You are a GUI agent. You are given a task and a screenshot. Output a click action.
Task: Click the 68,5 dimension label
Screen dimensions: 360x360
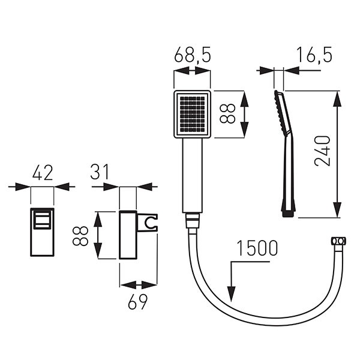pos(192,55)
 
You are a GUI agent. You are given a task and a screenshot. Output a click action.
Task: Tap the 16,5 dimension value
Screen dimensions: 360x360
pos(314,55)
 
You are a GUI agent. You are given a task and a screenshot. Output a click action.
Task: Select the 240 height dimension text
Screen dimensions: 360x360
pos(322,151)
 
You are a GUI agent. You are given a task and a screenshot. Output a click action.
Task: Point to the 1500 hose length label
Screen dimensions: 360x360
pos(257,248)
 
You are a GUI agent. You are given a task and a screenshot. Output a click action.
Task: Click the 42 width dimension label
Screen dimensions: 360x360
pos(43,172)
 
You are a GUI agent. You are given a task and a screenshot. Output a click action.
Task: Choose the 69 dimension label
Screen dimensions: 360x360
pos(137,302)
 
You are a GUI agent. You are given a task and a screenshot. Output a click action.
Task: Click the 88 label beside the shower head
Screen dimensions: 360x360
pos(227,113)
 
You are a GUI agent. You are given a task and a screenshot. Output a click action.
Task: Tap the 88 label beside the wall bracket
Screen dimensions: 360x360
pos(80,236)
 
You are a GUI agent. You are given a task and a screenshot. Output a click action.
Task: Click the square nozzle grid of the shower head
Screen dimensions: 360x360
pos(193,115)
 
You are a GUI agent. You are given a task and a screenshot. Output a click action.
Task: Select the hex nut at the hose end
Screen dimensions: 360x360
pos(338,241)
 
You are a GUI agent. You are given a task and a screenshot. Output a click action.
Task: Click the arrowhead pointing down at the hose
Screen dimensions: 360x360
pos(232,294)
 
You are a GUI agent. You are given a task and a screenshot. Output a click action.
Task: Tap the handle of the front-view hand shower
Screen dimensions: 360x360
pos(193,175)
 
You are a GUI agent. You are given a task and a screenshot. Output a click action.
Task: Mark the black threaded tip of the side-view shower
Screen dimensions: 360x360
pos(289,214)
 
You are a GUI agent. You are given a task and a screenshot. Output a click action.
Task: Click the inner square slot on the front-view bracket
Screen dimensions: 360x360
pos(42,220)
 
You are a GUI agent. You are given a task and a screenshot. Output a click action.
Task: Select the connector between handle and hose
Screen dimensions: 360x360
pos(193,220)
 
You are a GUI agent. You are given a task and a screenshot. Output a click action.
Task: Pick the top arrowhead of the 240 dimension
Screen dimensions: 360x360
pos(337,98)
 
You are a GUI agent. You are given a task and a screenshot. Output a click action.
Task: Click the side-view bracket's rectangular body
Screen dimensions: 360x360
pos(128,235)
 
